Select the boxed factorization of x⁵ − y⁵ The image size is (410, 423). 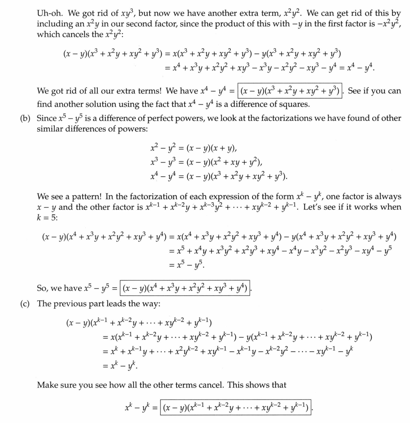click(x=183, y=286)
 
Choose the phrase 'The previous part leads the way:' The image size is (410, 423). click(x=98, y=303)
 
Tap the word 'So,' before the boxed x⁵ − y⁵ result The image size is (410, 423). click(x=43, y=287)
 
